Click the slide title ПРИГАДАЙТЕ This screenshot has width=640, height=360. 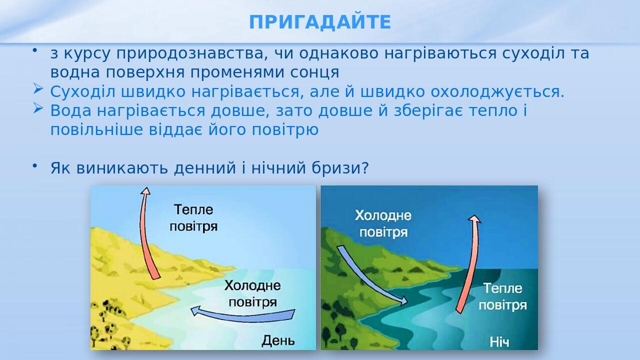point(320,22)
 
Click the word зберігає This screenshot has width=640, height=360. point(422,111)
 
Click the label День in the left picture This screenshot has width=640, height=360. point(278,341)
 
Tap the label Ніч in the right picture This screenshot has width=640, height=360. point(499,342)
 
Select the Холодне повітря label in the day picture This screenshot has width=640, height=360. point(252,294)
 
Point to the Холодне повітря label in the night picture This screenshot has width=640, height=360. point(383,224)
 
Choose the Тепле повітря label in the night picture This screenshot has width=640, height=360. point(502,296)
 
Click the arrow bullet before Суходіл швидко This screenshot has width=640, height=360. point(38,89)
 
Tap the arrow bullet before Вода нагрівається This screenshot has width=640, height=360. point(38,108)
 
